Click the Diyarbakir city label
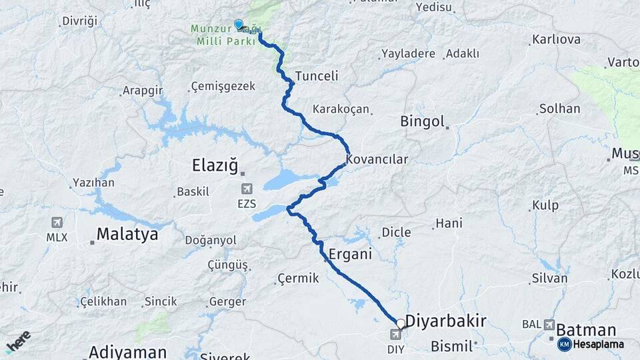coord(445,321)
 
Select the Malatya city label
coord(127,234)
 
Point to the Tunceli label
coord(317,75)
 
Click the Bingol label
coord(422,121)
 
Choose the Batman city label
coord(585,330)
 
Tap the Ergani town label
coord(350,254)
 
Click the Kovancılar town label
coord(377,159)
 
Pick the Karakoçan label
coord(341,109)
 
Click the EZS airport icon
coord(247,189)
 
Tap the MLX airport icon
coord(57,222)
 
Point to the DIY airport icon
coord(396,334)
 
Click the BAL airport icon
coord(549,325)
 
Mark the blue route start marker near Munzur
coord(239,24)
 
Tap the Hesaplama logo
coord(591,345)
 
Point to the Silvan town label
coord(549,278)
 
